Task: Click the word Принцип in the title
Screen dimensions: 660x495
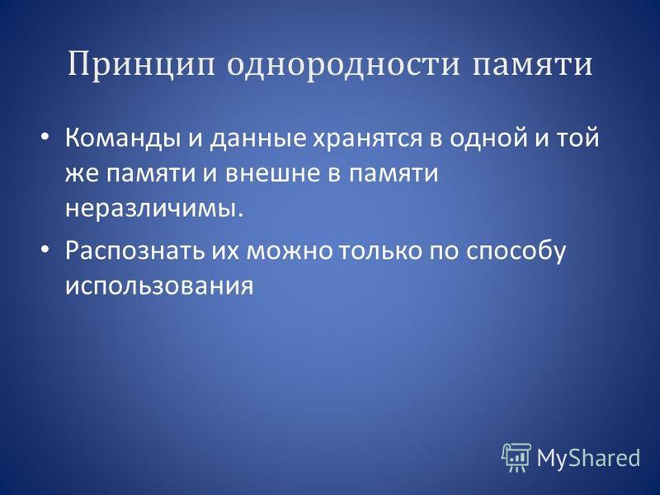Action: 141,66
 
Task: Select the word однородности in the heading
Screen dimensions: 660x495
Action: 343,65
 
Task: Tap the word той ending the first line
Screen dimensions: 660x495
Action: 579,137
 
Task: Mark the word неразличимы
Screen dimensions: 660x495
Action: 154,209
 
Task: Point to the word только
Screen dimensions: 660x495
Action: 380,251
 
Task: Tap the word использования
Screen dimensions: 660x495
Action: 159,286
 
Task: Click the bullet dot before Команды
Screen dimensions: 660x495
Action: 45,137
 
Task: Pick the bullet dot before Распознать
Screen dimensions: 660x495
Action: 45,250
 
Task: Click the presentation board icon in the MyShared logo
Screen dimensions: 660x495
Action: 516,457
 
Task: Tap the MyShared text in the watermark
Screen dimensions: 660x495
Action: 588,457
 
